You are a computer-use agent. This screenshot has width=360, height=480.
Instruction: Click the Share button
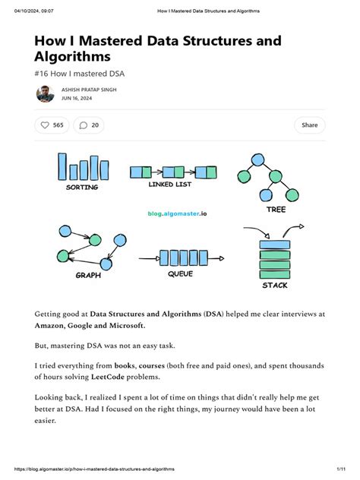coord(309,125)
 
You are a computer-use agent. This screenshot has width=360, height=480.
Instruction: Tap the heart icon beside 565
coord(45,125)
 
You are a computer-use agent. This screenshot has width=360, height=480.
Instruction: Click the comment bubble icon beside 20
coord(84,125)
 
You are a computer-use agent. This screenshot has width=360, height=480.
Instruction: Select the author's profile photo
coord(45,93)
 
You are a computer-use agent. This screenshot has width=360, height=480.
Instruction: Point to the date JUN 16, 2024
coord(77,98)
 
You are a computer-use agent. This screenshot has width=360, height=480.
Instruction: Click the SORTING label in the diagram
coord(82,187)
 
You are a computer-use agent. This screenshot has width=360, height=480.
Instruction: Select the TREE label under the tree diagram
coord(276,209)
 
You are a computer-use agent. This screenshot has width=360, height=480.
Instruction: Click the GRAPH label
coord(88,276)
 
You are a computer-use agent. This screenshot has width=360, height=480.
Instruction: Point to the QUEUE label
coord(180,273)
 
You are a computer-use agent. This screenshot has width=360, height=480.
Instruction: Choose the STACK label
coord(275,285)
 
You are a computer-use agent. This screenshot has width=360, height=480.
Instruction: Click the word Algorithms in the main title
coord(81,56)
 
